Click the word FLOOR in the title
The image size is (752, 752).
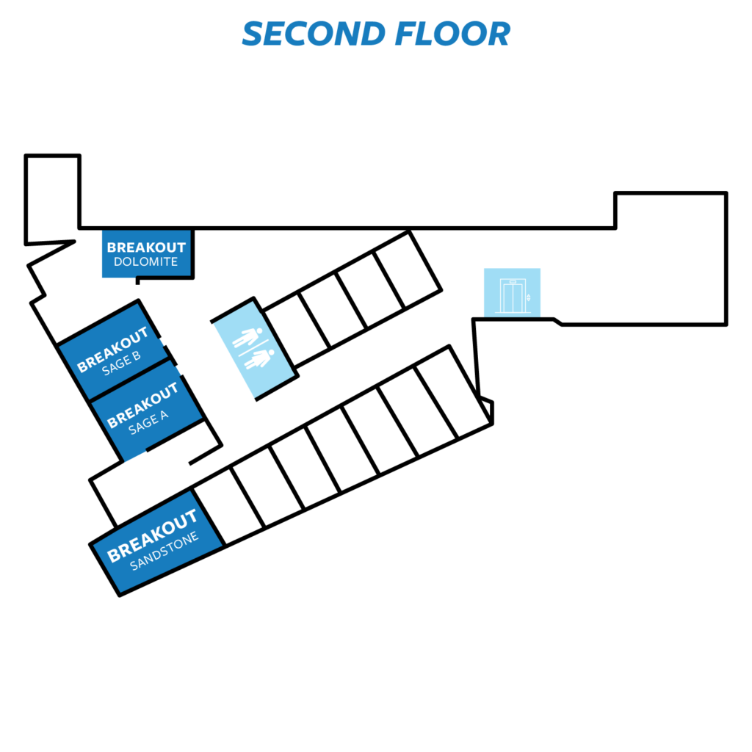click(x=452, y=34)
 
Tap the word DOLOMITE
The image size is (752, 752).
click(x=146, y=262)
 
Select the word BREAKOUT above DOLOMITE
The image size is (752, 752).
click(x=146, y=247)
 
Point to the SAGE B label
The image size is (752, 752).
click(x=121, y=363)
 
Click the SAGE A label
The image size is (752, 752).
click(x=148, y=422)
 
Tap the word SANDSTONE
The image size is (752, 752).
click(x=164, y=551)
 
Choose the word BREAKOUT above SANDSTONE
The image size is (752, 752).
click(x=152, y=535)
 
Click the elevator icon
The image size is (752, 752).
click(x=513, y=296)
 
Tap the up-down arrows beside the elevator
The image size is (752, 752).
click(x=529, y=298)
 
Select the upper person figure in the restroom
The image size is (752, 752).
click(x=247, y=337)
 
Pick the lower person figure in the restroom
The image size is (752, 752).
click(x=259, y=359)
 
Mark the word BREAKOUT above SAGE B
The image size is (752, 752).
click(x=112, y=349)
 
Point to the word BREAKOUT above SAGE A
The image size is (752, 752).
click(x=142, y=405)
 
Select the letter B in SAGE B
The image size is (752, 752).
click(x=136, y=356)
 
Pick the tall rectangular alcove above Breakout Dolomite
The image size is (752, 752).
click(x=52, y=199)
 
